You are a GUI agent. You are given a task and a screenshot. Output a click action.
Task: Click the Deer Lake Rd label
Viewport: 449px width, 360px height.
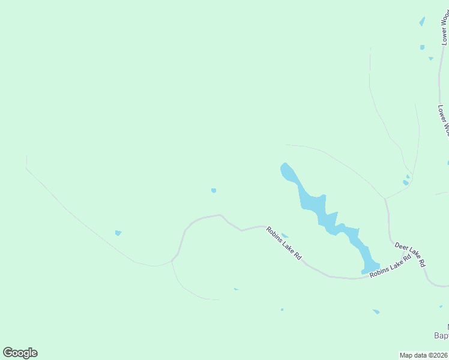coord(410,254)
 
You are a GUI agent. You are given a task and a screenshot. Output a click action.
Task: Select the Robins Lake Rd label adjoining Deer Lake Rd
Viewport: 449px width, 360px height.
coord(390,266)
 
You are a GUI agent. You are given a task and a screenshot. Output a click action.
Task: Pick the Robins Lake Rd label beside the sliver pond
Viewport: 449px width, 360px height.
coord(284,242)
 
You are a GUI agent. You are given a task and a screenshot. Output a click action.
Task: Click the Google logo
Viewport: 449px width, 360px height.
coord(20,353)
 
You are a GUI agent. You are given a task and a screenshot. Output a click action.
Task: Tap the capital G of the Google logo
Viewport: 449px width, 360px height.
coord(8,353)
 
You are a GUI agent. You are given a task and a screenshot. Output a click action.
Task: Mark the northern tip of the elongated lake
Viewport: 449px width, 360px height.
coord(285,165)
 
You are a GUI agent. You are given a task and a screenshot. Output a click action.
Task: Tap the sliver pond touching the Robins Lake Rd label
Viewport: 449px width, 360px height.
coord(285,235)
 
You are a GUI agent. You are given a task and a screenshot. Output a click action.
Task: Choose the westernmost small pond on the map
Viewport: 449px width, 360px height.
coord(118,233)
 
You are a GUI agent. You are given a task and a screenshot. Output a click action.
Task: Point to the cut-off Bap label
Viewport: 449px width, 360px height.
coord(441,335)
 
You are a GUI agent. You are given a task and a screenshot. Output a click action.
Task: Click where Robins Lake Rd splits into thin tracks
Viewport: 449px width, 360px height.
coord(172,260)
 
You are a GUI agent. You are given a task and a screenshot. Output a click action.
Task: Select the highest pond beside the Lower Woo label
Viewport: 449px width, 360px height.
coord(423,22)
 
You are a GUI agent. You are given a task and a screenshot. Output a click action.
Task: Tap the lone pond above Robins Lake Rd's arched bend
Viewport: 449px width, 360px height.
coord(214,191)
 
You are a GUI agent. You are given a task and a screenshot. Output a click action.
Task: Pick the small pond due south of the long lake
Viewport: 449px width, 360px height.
coord(376,311)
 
